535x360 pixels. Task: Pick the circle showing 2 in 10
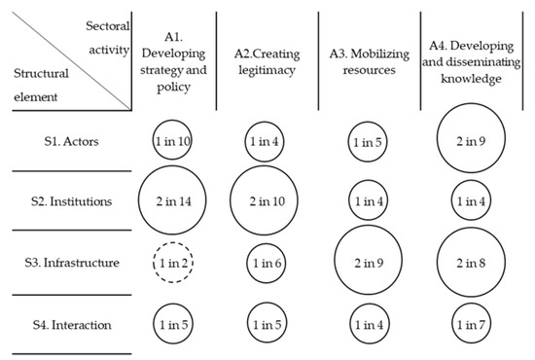pos(265,202)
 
